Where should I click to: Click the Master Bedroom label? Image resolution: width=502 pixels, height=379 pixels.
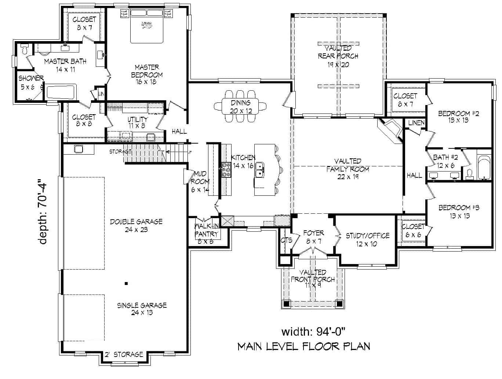pos(146,75)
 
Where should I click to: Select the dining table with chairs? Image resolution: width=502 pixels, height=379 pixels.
pos(241,106)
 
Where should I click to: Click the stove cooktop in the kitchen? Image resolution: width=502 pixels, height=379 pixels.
pos(226,170)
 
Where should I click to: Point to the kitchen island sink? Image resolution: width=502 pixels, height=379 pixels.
pos(260,170)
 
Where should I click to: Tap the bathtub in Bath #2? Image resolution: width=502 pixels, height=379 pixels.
pos(484,169)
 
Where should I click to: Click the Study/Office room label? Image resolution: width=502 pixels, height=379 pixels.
pos(367,240)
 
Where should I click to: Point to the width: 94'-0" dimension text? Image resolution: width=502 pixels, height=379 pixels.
pos(313,332)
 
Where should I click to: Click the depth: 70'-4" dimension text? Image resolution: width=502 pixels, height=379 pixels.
pos(43,211)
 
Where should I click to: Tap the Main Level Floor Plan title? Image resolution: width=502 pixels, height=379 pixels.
pos(304,346)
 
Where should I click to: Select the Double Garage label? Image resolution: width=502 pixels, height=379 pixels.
pos(136,225)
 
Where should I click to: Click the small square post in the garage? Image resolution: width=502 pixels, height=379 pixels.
pos(126,283)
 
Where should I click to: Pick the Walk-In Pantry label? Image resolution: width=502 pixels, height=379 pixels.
pos(206,234)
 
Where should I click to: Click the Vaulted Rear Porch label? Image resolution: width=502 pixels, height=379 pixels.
pos(338,56)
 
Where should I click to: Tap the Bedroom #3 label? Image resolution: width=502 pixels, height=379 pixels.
pos(459,212)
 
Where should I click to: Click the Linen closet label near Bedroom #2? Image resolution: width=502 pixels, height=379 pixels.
pos(416,123)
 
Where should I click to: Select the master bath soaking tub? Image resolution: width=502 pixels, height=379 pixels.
pos(61,92)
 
